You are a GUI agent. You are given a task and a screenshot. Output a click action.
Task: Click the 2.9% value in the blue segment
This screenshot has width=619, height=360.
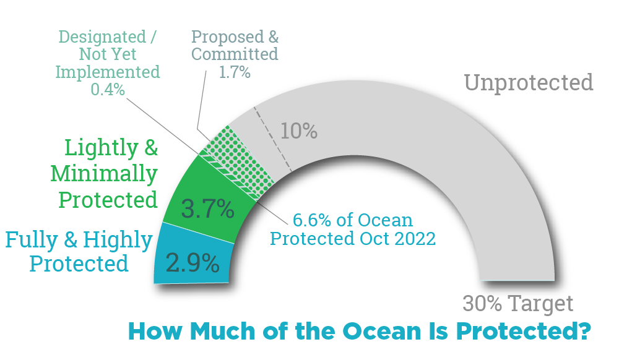pyautogui.click(x=193, y=264)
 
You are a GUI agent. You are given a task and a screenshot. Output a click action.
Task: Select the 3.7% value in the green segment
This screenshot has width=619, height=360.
pyautogui.click(x=207, y=209)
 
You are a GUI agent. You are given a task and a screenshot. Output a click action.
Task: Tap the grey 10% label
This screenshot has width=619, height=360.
pyautogui.click(x=298, y=131)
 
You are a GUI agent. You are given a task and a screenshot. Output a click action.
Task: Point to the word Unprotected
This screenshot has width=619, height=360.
pyautogui.click(x=529, y=82)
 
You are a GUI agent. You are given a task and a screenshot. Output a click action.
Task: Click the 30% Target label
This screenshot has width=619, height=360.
pyautogui.click(x=518, y=304)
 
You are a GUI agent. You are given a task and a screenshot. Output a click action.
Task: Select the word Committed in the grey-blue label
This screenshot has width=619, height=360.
pyautogui.click(x=235, y=54)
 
